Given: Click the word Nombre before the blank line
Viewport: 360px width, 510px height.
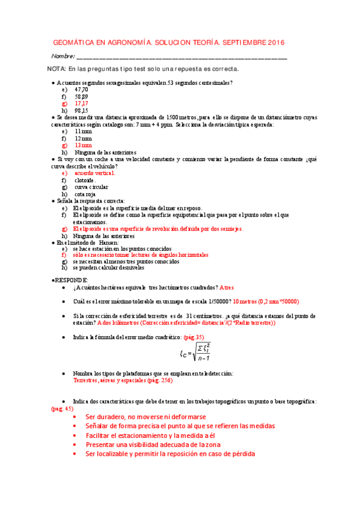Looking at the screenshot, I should tap(63, 57).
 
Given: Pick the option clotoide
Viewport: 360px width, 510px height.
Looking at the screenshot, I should tap(85, 180).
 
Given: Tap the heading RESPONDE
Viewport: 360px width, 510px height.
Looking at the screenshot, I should tap(72, 280).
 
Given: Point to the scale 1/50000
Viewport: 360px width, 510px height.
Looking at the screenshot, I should tap(215, 301).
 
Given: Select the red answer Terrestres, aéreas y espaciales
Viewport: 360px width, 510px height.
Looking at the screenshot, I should tap(113, 381).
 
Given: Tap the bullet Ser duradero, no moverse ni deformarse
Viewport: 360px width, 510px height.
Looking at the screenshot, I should tap(146, 417).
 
